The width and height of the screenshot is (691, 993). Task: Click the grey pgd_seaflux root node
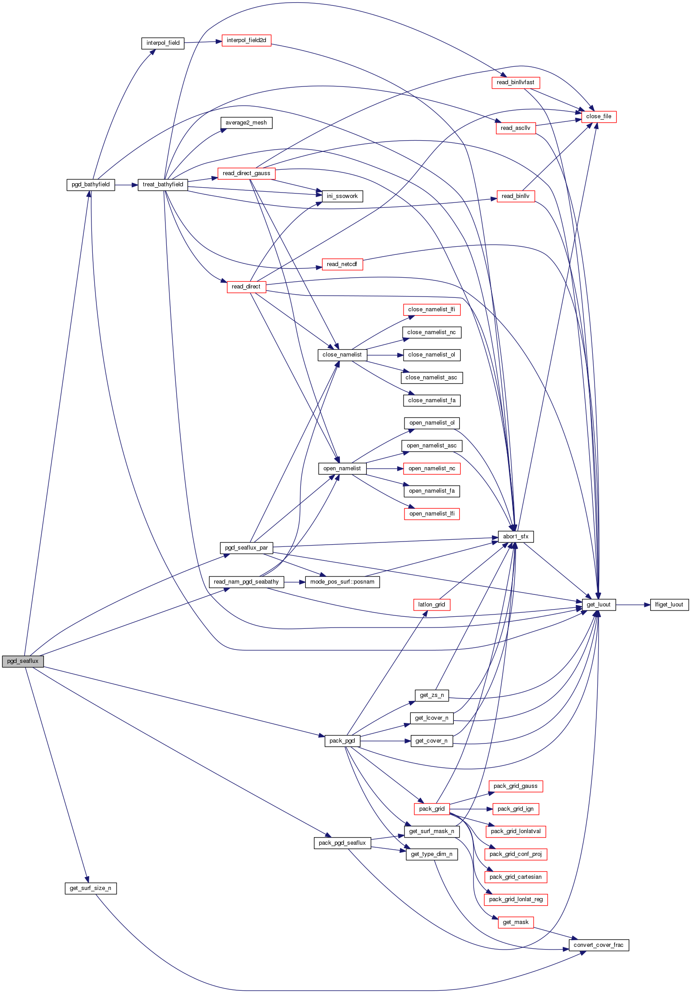coord(23,661)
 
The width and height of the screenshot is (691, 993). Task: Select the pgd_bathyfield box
coord(91,185)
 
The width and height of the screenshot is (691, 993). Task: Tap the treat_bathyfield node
coord(163,185)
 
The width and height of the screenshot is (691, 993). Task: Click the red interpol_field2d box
coord(246,40)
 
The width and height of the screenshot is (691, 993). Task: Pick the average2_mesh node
coord(246,123)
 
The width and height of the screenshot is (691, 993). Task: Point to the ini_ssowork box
coord(342,196)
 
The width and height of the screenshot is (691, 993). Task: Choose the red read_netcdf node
coord(342,264)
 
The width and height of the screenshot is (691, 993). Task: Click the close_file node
coord(599,116)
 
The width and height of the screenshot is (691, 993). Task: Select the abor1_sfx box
coord(516,537)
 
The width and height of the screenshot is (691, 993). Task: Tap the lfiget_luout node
coord(669,605)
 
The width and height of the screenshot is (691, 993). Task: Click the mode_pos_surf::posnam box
coord(342,582)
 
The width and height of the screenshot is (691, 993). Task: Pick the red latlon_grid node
coord(431,605)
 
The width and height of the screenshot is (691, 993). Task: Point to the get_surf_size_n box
coord(91,888)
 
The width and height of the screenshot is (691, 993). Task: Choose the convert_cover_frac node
coord(599,945)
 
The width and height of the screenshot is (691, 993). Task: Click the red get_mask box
coord(516,922)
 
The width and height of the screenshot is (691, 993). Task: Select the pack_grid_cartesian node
coord(516,877)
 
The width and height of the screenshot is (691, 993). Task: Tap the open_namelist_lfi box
coord(432,514)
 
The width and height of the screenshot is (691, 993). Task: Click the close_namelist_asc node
coord(431,378)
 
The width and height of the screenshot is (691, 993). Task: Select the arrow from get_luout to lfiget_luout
coord(633,605)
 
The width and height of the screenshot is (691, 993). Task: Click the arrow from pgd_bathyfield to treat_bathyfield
coord(126,185)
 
